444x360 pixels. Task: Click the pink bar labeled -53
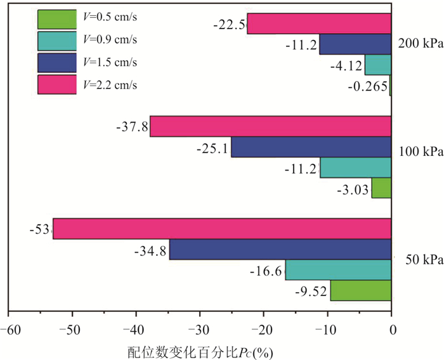(222, 229)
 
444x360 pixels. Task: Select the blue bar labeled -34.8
(280, 250)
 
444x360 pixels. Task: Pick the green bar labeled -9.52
(361, 291)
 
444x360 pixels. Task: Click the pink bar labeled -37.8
(270, 126)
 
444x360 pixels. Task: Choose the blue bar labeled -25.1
(311, 147)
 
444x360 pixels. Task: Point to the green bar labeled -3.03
(381, 188)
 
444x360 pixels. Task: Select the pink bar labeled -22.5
(319, 23)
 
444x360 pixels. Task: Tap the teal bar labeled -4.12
(378, 65)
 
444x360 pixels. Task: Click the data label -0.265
(368, 86)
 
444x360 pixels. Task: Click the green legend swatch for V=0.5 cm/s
(56, 20)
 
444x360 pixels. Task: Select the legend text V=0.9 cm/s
(110, 40)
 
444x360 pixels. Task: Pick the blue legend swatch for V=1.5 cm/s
(56, 62)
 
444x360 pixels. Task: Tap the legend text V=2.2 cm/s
(110, 84)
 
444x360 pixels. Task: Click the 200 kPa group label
(419, 44)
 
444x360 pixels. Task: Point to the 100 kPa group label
(419, 153)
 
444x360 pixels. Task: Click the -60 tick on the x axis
(8, 330)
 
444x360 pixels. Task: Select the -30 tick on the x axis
(200, 330)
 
